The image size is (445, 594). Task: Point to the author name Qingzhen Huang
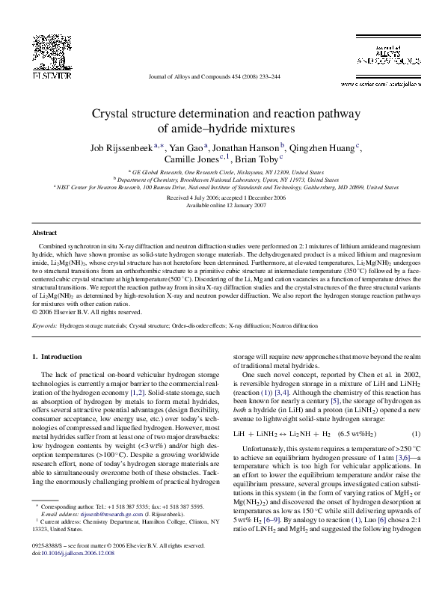323,147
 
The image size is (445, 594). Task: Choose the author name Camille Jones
191,159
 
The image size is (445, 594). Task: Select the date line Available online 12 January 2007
222,204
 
